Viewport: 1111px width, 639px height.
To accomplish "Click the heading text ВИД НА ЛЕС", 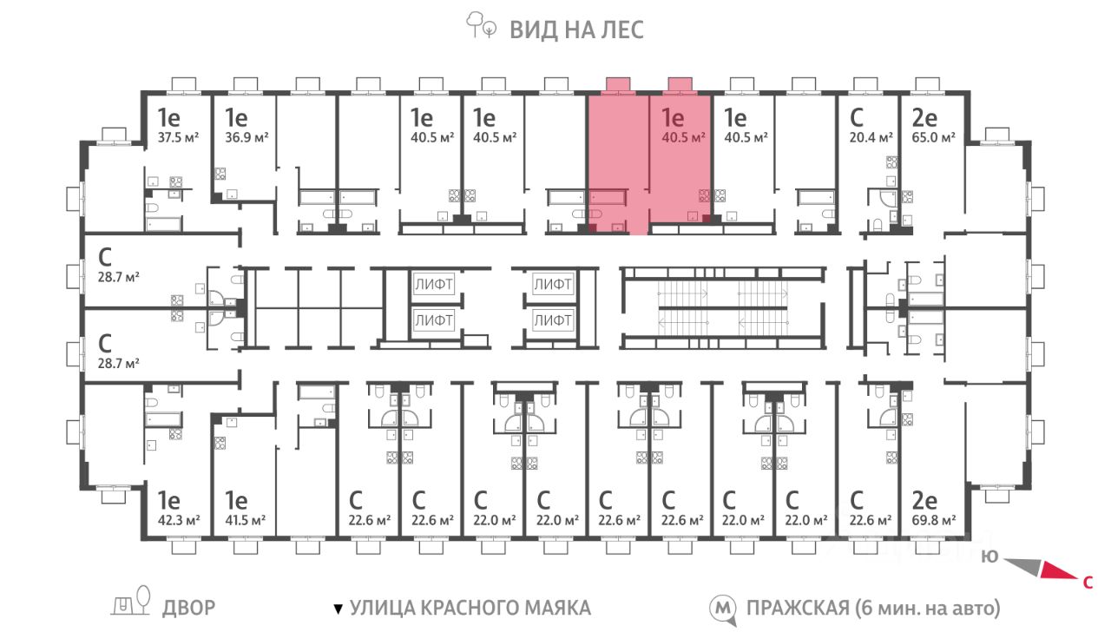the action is coord(576,30).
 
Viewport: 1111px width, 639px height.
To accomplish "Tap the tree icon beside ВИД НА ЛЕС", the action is coord(481,25).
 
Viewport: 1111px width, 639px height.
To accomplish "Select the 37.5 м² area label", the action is coord(178,137).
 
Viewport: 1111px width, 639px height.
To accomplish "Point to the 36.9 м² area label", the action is coord(247,137).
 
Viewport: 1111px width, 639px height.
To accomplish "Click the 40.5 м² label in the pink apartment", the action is coord(683,137).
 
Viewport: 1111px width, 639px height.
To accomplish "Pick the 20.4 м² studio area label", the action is coord(871,137).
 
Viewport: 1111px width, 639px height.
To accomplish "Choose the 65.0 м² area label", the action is coord(933,137).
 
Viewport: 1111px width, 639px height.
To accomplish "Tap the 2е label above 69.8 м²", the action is coord(924,501).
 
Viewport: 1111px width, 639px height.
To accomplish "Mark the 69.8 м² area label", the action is coord(933,520).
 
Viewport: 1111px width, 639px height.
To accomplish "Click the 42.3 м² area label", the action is coord(179,520).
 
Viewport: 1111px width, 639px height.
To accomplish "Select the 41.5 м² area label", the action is coord(245,520).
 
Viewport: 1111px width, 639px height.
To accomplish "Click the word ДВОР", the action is coord(189,608).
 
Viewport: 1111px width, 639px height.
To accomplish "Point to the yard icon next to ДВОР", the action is coord(131,601).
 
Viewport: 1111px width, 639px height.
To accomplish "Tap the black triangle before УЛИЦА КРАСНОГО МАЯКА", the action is coord(339,609).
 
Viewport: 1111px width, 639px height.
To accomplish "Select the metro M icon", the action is coord(723,609).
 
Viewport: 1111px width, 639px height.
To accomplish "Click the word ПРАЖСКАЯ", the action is coord(798,608).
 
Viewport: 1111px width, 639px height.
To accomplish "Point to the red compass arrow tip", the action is coord(1077,578).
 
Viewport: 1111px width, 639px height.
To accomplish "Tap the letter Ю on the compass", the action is coord(990,557).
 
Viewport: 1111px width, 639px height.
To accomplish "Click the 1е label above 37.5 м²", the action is coord(168,118).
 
